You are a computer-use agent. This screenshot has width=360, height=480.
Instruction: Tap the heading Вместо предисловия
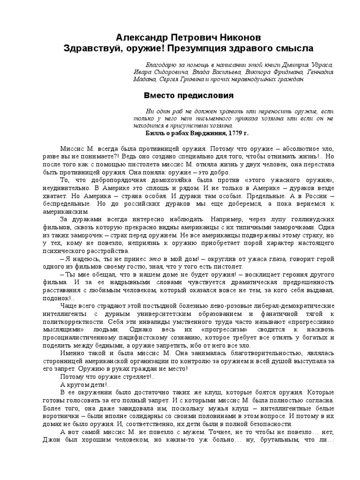click(188, 95)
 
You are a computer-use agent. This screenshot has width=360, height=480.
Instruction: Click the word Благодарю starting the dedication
click(162, 65)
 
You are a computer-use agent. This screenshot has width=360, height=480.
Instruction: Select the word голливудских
click(311, 219)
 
